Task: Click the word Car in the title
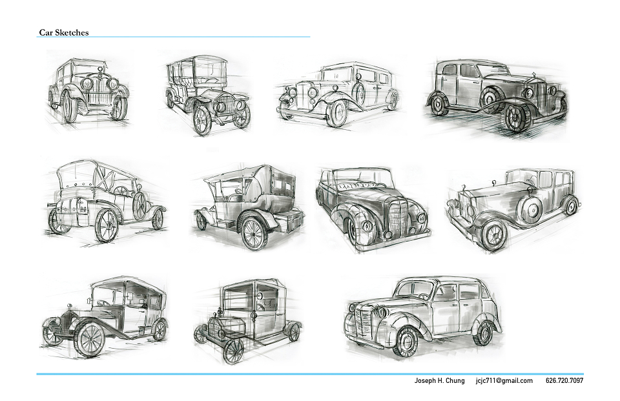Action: tap(46, 32)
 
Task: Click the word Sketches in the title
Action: tap(72, 32)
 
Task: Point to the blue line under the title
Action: tap(173, 37)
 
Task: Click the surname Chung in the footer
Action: tap(455, 381)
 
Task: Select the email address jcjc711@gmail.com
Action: tap(504, 381)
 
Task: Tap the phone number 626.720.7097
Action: tap(564, 381)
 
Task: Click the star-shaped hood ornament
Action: tap(533, 75)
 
